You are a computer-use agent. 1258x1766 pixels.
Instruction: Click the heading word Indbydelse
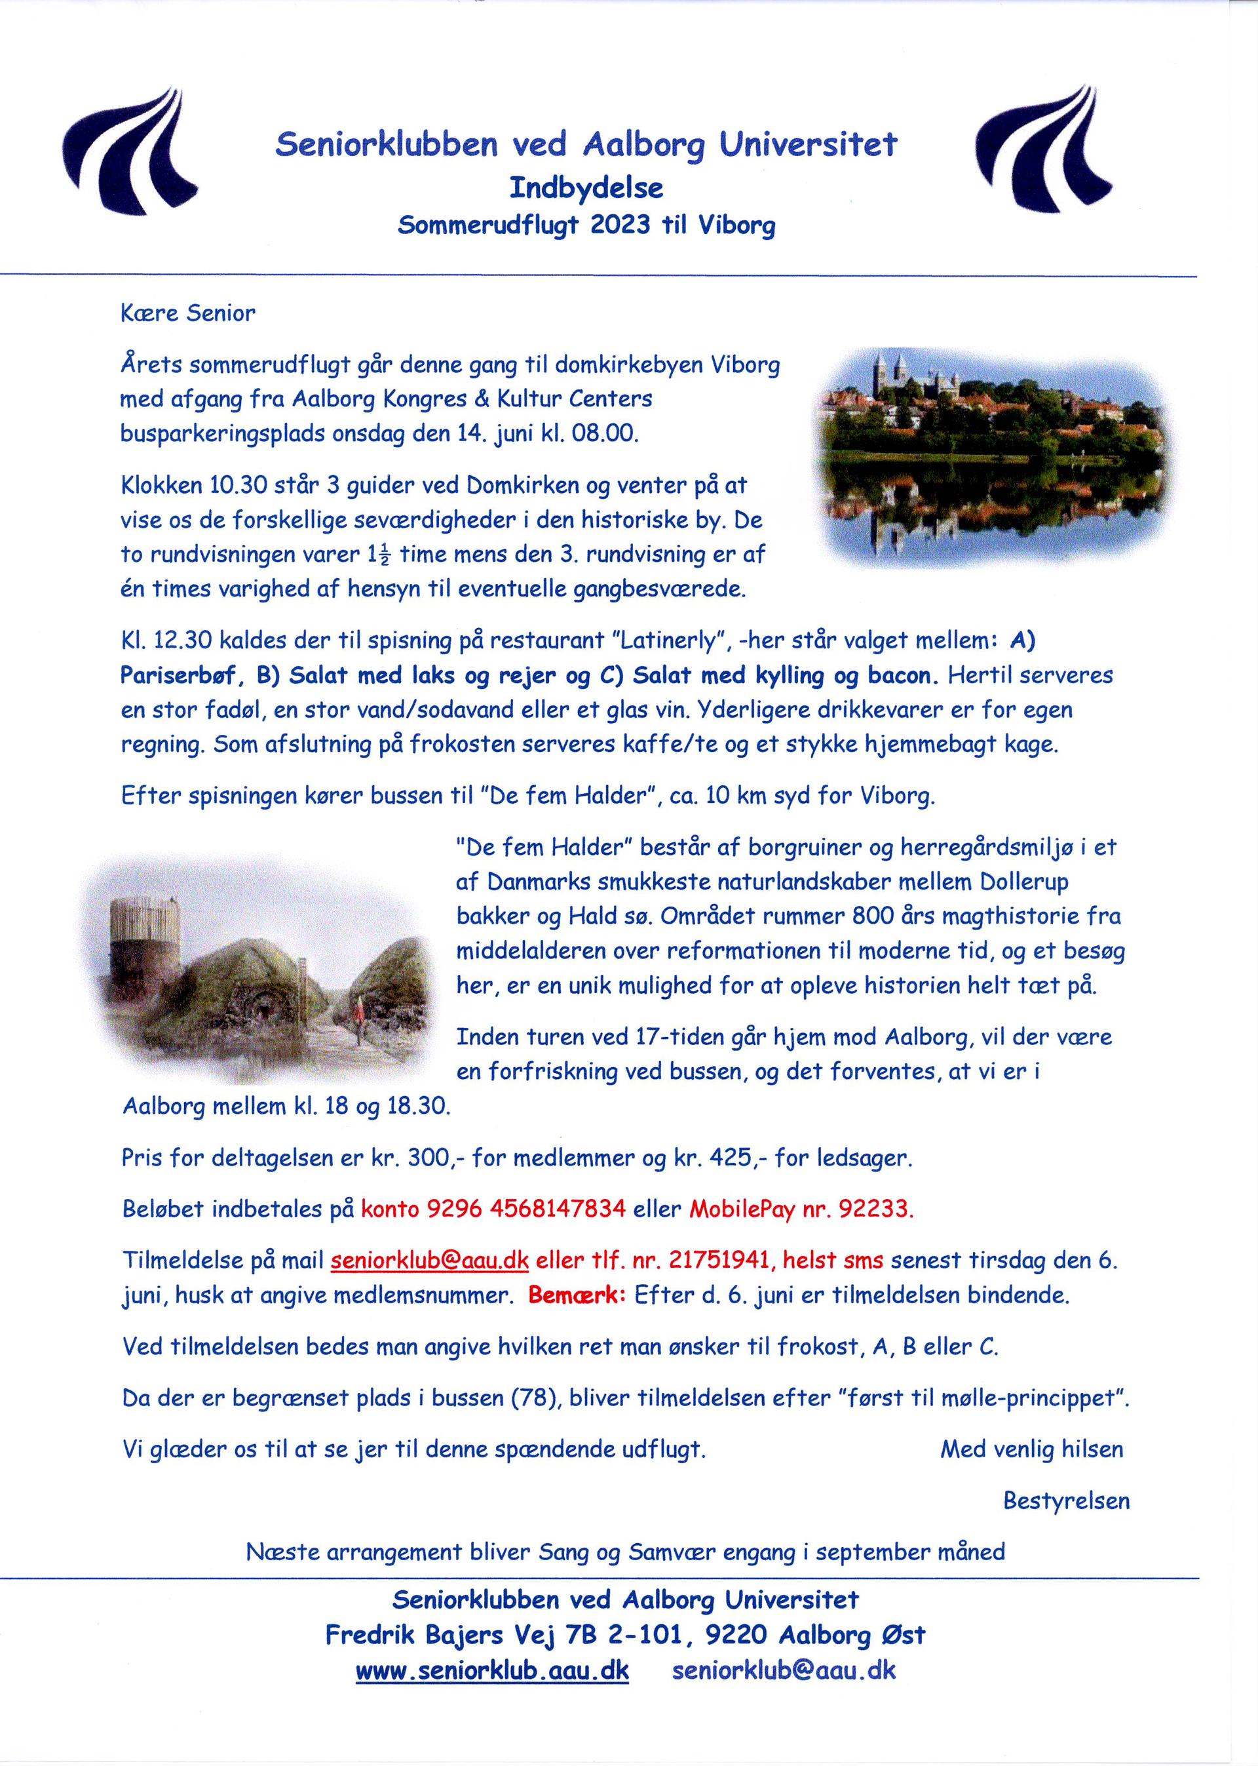(586, 187)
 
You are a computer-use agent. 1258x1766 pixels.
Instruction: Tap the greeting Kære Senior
(187, 313)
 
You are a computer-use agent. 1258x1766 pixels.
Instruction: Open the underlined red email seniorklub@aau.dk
(430, 1261)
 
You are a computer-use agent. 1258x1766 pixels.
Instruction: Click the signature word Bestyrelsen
(1066, 1501)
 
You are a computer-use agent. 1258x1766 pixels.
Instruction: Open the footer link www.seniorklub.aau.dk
(492, 1670)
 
